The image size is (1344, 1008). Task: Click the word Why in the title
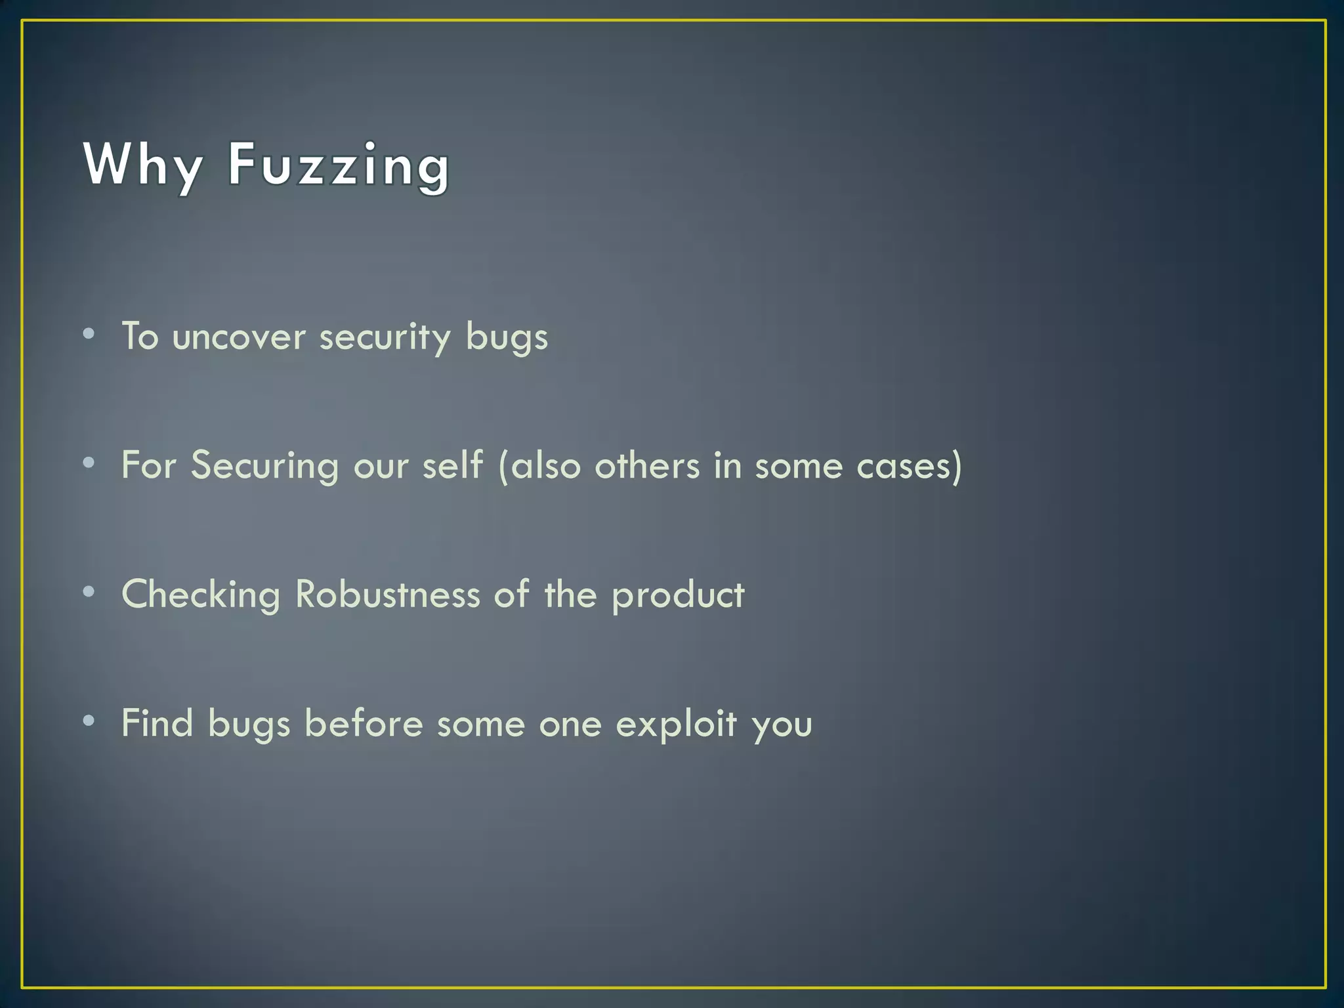[143, 165]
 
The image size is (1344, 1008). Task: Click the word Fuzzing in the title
[339, 165]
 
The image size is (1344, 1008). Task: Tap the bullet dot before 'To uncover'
[89, 334]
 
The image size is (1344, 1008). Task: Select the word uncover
[239, 337]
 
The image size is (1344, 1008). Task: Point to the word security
[385, 337]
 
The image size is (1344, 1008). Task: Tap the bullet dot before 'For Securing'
[89, 463]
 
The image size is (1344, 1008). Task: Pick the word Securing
[265, 466]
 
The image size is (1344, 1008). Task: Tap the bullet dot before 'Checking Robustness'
[89, 592]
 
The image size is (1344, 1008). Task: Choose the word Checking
[201, 595]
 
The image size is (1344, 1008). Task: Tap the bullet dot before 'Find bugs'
[89, 721]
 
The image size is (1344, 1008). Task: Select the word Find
[157, 723]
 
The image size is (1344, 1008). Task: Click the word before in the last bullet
[364, 723]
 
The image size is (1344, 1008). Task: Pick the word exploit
[677, 724]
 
